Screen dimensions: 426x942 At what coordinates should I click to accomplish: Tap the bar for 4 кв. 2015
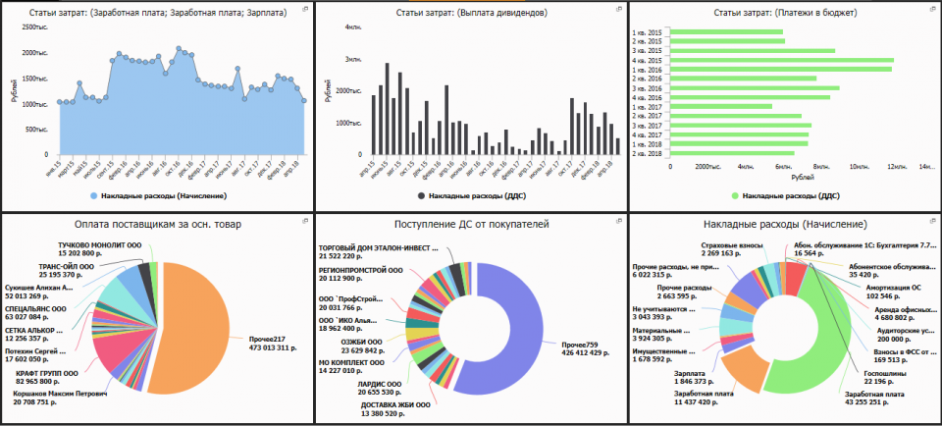point(781,59)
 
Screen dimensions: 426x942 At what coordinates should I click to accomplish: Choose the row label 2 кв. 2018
point(648,153)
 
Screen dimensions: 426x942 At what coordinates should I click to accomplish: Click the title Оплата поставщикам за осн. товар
point(156,224)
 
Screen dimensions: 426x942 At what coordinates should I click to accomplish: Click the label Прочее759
point(581,345)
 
